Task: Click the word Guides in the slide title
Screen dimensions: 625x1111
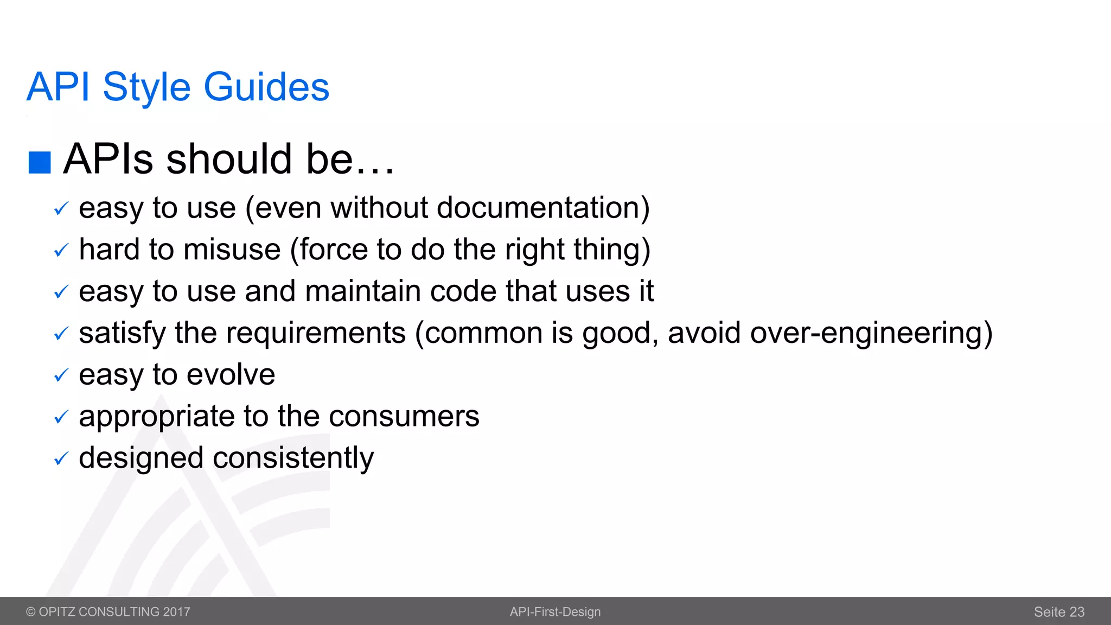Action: tap(266, 87)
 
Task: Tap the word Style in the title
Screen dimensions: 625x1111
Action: tap(146, 87)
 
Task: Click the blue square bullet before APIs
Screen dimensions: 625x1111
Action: tap(40, 162)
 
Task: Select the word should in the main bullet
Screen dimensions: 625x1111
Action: tap(229, 159)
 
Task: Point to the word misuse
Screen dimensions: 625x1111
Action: tap(232, 250)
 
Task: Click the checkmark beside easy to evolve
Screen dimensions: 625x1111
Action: tap(61, 375)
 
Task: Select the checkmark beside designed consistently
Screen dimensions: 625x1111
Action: tap(61, 459)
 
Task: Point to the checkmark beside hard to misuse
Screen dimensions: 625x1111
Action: tap(61, 250)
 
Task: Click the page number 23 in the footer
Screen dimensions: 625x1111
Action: tap(1077, 612)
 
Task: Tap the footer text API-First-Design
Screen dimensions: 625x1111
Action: tap(555, 612)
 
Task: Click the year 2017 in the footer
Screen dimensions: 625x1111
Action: tap(176, 612)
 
